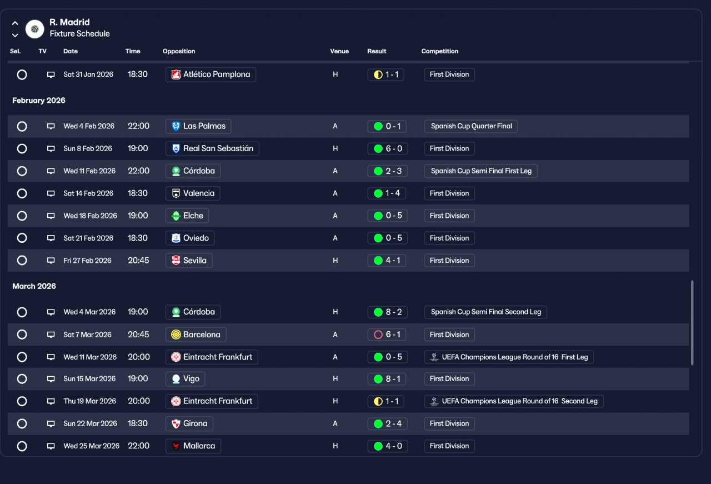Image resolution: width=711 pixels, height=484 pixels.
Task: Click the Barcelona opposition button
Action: click(196, 335)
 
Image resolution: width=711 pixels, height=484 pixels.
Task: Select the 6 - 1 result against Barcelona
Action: click(387, 335)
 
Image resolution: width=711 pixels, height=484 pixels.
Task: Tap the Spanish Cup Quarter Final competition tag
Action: click(470, 126)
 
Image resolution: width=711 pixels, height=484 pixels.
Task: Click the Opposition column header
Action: click(179, 51)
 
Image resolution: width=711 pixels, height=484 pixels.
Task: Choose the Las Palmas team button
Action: click(198, 126)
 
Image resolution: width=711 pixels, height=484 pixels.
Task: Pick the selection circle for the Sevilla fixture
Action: click(22, 261)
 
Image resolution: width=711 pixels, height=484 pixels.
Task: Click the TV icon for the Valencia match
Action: click(51, 193)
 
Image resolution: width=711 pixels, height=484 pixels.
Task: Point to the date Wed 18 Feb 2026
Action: click(90, 216)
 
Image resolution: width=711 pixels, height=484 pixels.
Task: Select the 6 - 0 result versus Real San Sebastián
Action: click(388, 148)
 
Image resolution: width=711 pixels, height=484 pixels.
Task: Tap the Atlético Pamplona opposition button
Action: click(211, 74)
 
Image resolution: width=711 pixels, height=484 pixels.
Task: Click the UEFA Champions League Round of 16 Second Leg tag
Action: click(514, 401)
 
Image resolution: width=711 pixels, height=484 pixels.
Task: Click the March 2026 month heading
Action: click(34, 286)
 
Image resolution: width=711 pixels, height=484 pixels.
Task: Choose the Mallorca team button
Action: click(193, 446)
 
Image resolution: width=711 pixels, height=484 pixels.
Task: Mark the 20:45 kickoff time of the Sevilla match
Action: click(138, 261)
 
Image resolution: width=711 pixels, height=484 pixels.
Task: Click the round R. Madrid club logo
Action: click(34, 29)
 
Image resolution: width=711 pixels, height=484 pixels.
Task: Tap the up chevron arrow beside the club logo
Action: click(15, 23)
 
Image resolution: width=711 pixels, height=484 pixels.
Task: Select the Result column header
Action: click(377, 51)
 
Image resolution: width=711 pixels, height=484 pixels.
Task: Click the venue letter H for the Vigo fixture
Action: click(335, 378)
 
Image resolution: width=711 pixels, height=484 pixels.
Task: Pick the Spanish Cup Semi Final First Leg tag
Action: click(481, 171)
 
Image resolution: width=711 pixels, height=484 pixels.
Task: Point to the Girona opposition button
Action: click(189, 423)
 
